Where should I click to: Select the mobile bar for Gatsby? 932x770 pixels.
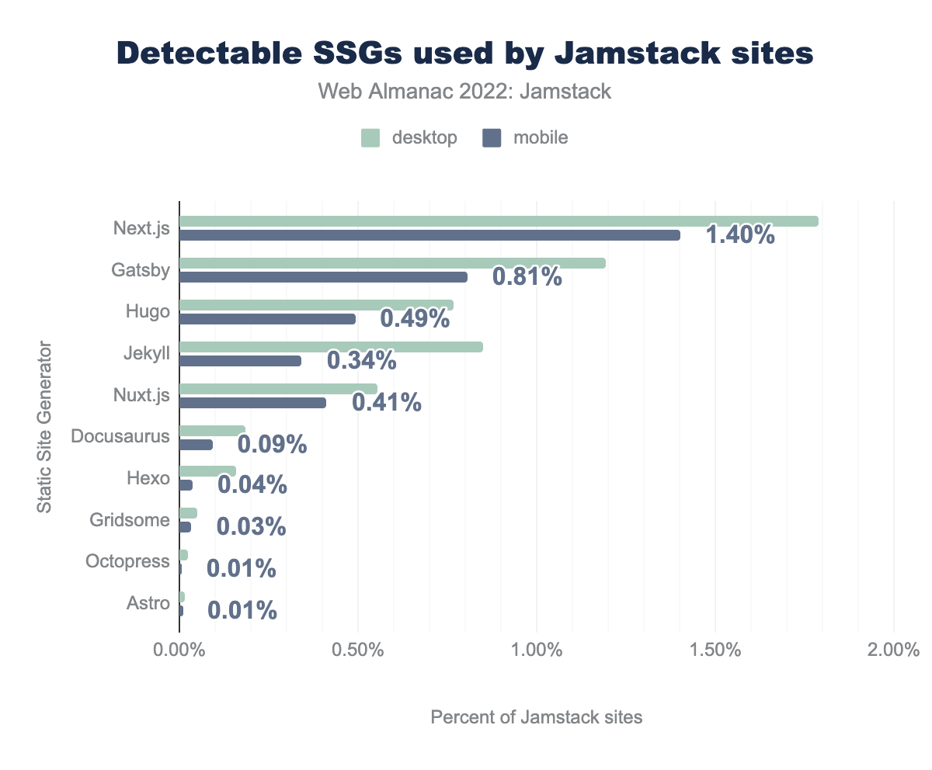(323, 277)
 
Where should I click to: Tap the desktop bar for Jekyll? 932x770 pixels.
(331, 347)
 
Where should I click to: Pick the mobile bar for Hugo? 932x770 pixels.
(267, 319)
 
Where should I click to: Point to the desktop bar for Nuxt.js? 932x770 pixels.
(278, 389)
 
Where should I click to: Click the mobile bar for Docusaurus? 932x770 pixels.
(196, 445)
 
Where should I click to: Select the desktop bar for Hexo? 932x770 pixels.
(207, 471)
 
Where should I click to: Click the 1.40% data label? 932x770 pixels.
(740, 234)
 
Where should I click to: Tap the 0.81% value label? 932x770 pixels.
(527, 276)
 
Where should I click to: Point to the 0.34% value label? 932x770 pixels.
(362, 360)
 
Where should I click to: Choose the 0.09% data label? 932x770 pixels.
(272, 444)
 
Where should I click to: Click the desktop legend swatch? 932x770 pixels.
(370, 138)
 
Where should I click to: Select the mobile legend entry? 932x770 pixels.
(525, 138)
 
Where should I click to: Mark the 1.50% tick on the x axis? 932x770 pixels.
(715, 650)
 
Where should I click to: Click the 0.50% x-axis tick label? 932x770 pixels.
(357, 650)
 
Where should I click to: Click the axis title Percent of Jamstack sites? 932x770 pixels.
(537, 717)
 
